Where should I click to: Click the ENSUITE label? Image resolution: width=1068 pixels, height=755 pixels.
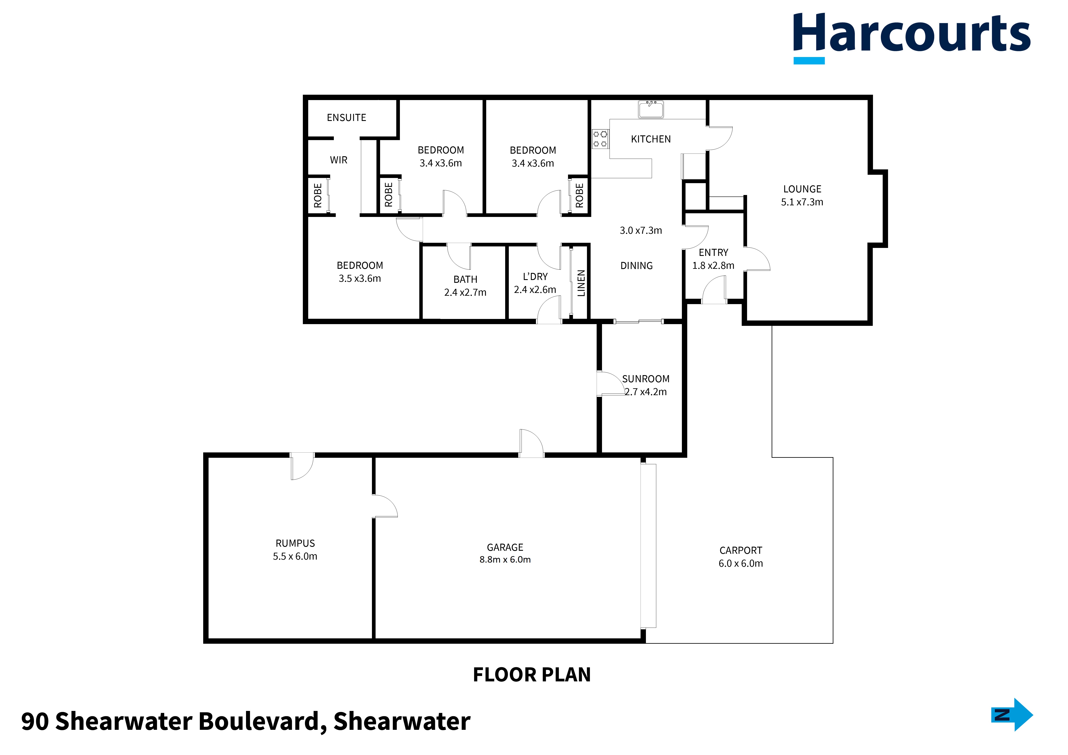347,118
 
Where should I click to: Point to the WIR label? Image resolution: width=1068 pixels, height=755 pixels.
339,160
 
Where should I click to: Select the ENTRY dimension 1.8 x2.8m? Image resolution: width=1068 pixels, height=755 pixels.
713,266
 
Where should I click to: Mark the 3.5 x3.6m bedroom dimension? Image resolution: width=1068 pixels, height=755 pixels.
360,279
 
